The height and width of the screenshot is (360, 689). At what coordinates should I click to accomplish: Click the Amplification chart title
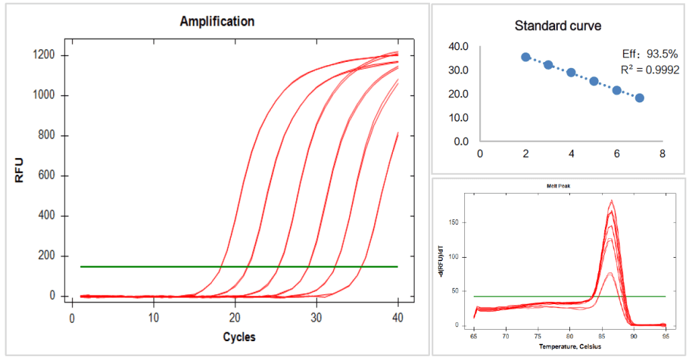pyautogui.click(x=217, y=22)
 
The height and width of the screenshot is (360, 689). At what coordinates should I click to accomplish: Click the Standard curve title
pyautogui.click(x=558, y=26)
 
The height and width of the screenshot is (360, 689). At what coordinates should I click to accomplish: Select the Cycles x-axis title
pyautogui.click(x=239, y=336)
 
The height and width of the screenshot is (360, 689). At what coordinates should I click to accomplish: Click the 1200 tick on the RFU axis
pyautogui.click(x=51, y=55)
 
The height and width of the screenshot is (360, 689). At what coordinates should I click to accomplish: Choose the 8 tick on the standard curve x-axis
pyautogui.click(x=663, y=153)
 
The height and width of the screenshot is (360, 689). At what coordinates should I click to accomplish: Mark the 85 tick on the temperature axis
pyautogui.click(x=601, y=334)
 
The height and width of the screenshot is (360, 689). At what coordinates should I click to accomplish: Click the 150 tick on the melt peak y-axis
pyautogui.click(x=458, y=222)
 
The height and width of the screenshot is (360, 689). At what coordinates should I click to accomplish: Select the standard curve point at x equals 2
pyautogui.click(x=525, y=57)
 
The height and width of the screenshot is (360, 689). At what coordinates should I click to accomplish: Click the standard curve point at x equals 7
pyautogui.click(x=639, y=98)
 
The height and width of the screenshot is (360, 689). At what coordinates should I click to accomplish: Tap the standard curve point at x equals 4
pyautogui.click(x=571, y=73)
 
